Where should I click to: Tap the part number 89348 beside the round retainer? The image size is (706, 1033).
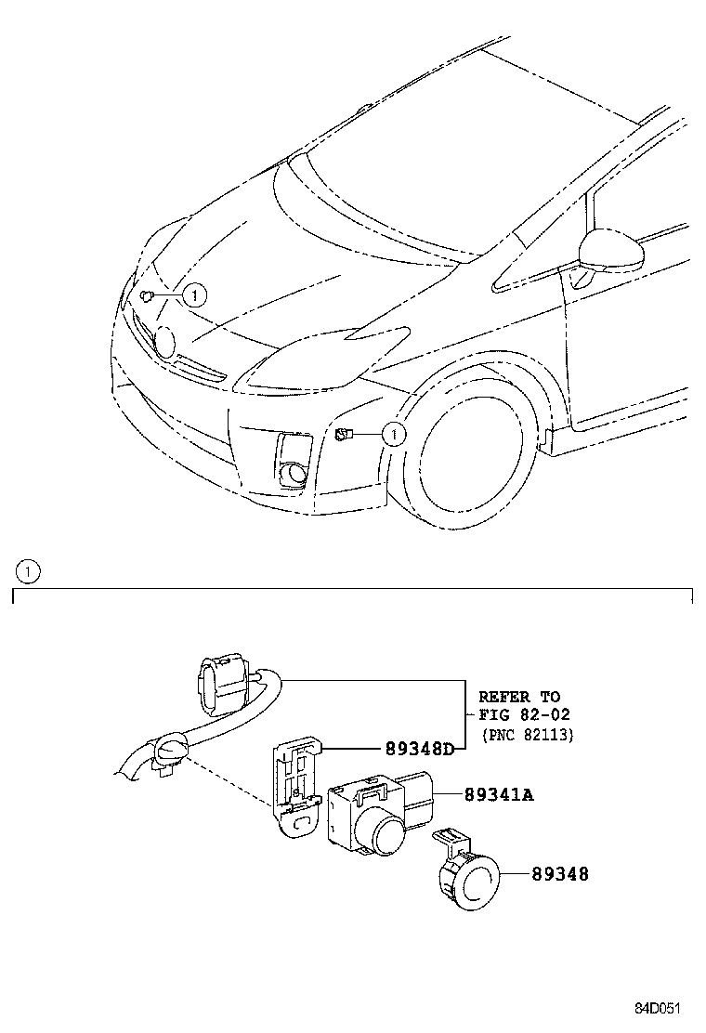tap(560, 874)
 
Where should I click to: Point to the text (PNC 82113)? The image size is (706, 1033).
tap(526, 734)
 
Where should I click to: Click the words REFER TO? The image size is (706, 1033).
tap(519, 696)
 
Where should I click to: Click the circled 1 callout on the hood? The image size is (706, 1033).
tap(193, 295)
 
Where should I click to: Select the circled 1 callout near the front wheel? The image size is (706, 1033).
tap(393, 434)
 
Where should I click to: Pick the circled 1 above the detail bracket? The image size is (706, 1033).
tap(29, 572)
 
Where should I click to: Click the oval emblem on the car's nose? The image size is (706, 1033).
tap(164, 341)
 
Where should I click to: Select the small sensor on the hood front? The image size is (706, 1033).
tap(147, 295)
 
